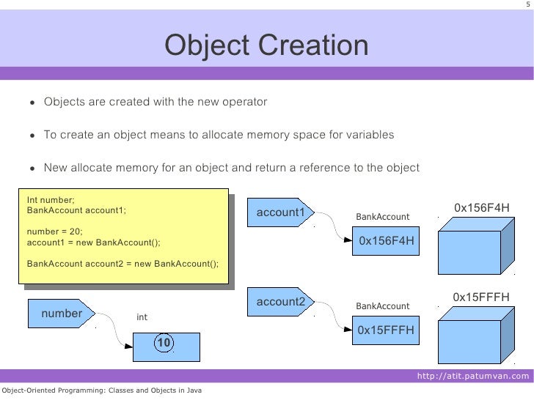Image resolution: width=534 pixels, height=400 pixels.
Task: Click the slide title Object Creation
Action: coord(266,47)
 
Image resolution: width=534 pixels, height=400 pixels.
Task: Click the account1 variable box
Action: coord(281,212)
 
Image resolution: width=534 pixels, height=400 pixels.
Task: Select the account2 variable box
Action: coord(281,302)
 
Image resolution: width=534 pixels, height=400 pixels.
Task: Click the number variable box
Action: coord(62,314)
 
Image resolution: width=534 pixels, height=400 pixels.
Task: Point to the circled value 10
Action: coord(164,343)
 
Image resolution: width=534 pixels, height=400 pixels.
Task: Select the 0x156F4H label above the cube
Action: coord(481,207)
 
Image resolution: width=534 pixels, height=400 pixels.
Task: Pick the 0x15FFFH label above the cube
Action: coord(481,297)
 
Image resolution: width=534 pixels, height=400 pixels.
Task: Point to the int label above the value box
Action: coord(142,317)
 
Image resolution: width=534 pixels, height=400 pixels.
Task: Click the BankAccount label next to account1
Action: coord(383,217)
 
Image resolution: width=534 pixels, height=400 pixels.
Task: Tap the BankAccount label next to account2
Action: coord(383,305)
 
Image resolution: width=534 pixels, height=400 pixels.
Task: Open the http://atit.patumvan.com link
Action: coord(472,377)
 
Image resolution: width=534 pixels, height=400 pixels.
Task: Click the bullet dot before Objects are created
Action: coord(32,102)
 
